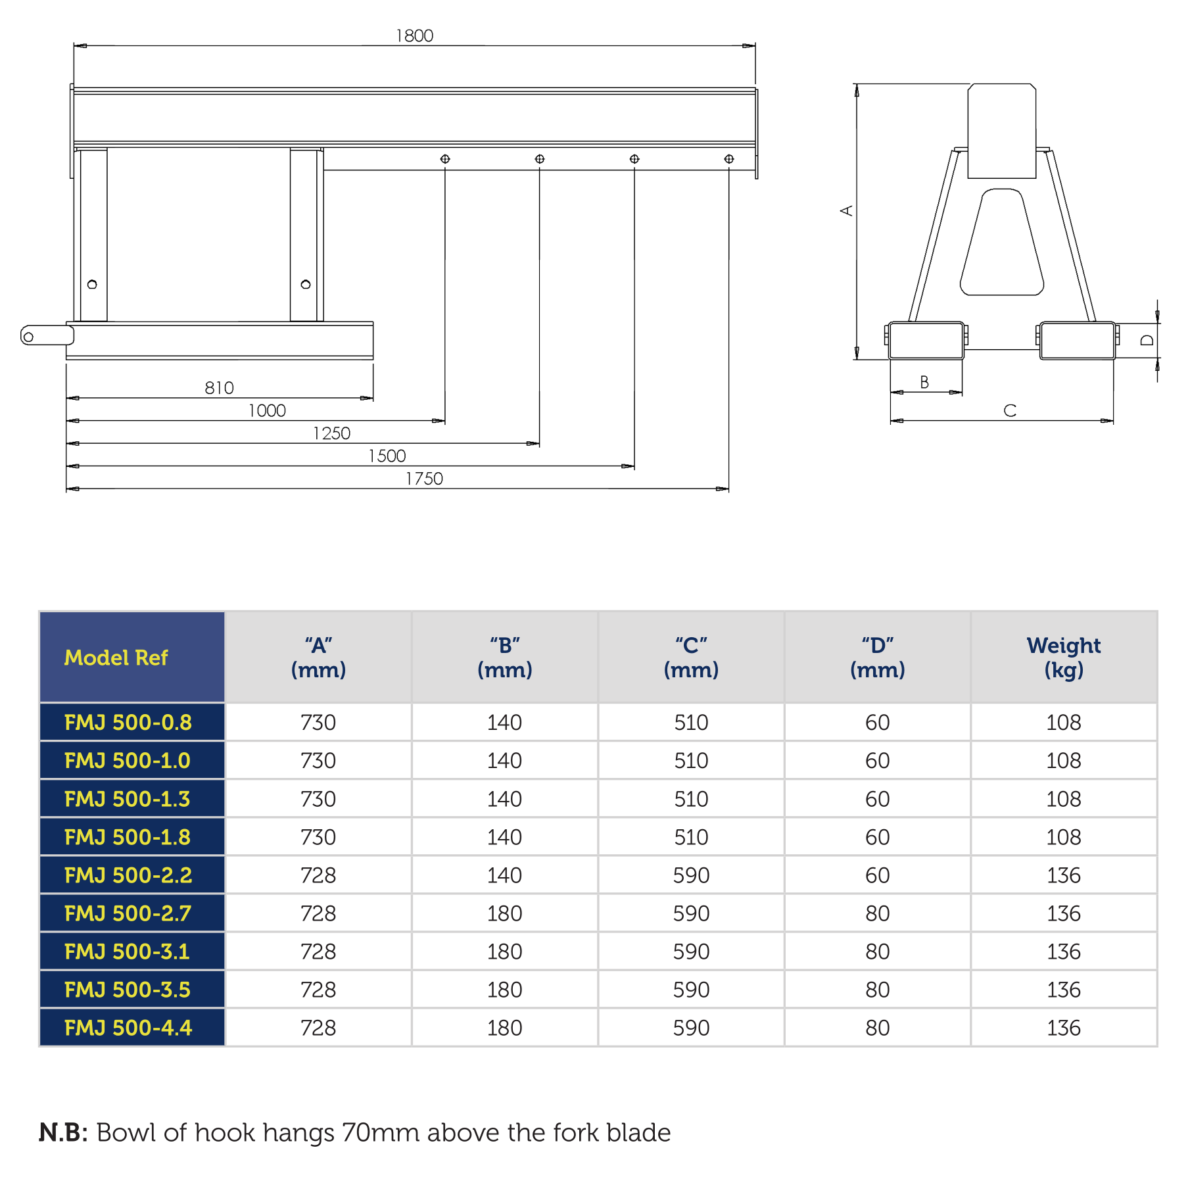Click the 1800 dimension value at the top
click(x=414, y=36)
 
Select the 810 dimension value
click(x=219, y=388)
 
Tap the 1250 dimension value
click(x=331, y=433)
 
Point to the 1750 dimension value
click(x=424, y=479)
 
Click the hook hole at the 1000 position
click(x=445, y=159)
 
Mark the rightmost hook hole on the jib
click(x=729, y=159)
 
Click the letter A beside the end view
click(x=847, y=210)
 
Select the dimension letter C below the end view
click(x=1010, y=411)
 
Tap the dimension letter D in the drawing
click(x=1147, y=340)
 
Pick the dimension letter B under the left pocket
click(x=924, y=382)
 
